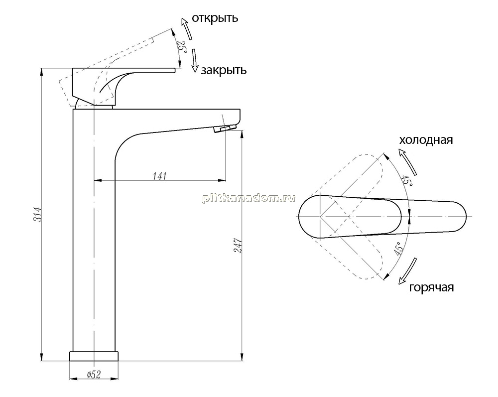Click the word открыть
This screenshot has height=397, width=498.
[x=215, y=18]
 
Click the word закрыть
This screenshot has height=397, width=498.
[x=224, y=70]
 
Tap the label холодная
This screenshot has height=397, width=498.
[x=426, y=140]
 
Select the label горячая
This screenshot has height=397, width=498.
[x=431, y=287]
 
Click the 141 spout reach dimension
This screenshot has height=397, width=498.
[x=160, y=176]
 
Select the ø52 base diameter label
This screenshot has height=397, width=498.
[x=94, y=375]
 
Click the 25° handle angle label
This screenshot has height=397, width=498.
[x=182, y=47]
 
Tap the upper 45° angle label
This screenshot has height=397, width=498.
[x=407, y=181]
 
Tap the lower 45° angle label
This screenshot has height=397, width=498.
[x=398, y=249]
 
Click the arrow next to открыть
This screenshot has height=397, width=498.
[x=186, y=28]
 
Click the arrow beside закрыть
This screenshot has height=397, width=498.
[x=194, y=61]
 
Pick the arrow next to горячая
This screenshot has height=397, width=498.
[x=407, y=270]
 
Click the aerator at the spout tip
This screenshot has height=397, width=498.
[x=225, y=129]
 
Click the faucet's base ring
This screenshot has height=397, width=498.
[x=94, y=356]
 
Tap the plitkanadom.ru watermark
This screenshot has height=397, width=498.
[x=249, y=198]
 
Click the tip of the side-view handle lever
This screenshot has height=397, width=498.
[x=175, y=70]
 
